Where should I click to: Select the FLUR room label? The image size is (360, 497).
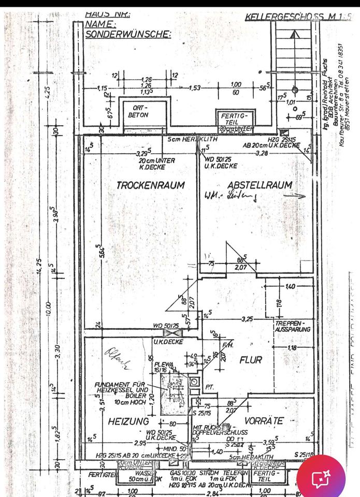(250, 359)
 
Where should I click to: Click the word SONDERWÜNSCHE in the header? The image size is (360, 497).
(128, 34)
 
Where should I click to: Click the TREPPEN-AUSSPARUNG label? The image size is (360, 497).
(293, 326)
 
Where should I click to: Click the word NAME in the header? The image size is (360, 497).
(100, 24)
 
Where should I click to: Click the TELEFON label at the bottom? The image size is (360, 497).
(234, 473)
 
